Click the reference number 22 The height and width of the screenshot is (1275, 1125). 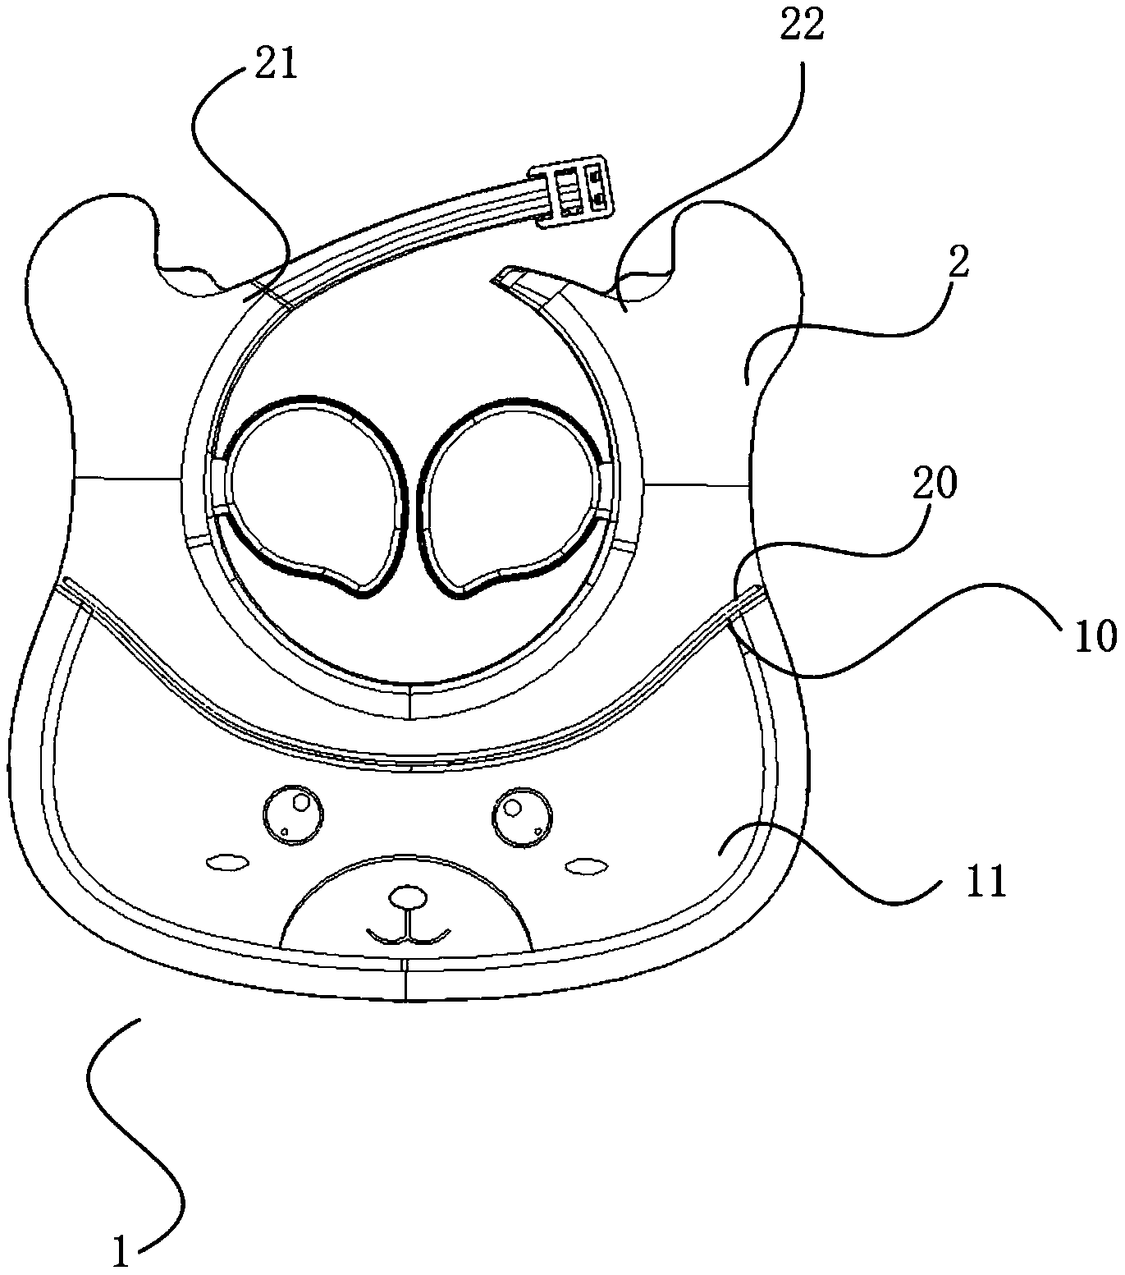coord(800,27)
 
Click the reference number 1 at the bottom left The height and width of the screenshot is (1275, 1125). coord(121,1254)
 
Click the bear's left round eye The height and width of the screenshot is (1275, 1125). coord(292,814)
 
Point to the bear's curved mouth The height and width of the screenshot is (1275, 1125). coord(408,935)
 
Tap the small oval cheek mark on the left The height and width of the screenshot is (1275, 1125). coord(226,863)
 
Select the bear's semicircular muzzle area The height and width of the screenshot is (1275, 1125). coord(406,903)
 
